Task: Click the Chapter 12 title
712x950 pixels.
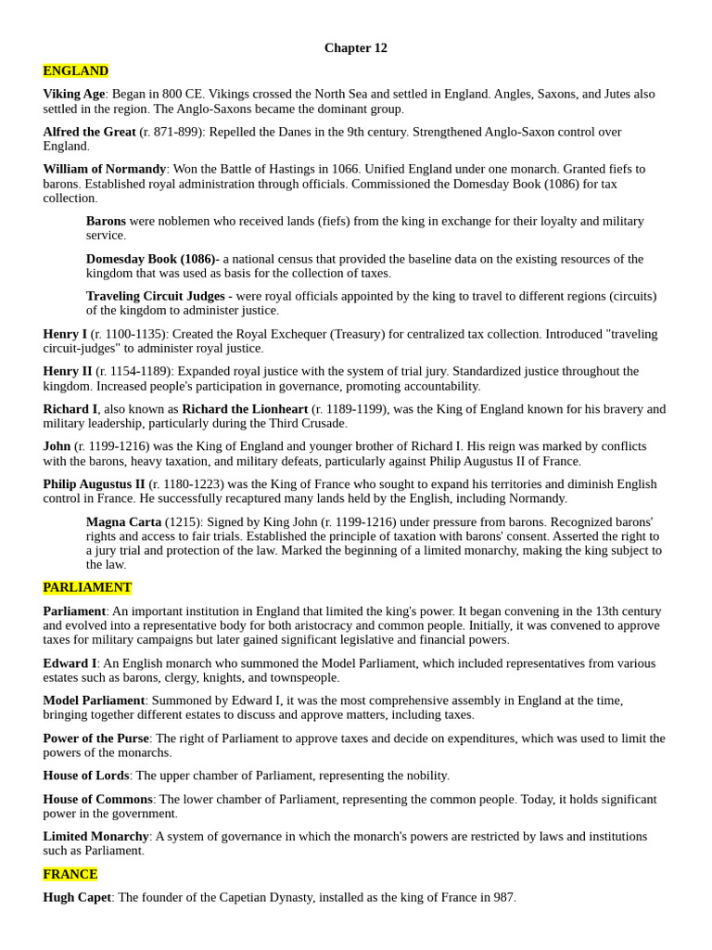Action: (x=355, y=48)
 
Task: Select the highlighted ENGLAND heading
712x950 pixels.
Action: (x=75, y=71)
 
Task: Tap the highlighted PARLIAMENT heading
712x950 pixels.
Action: (x=87, y=588)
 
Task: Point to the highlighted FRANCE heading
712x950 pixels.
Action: (x=70, y=875)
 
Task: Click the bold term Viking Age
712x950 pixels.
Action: (x=74, y=95)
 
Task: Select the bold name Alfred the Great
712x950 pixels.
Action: (x=89, y=133)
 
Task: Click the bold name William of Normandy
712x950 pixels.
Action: (x=104, y=170)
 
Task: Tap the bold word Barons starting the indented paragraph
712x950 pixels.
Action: (x=106, y=222)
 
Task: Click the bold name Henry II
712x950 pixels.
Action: (x=68, y=372)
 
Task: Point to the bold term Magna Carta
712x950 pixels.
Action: (x=123, y=522)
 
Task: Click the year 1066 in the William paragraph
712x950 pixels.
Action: (x=342, y=170)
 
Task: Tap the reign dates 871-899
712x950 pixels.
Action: (x=173, y=133)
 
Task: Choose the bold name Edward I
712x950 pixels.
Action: (x=70, y=664)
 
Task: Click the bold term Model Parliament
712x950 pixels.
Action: (x=94, y=701)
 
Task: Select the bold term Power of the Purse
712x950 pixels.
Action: (x=95, y=739)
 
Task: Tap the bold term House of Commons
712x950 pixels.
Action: (x=97, y=800)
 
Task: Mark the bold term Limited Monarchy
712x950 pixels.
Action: (x=95, y=837)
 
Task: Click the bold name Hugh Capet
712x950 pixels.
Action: (x=77, y=898)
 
